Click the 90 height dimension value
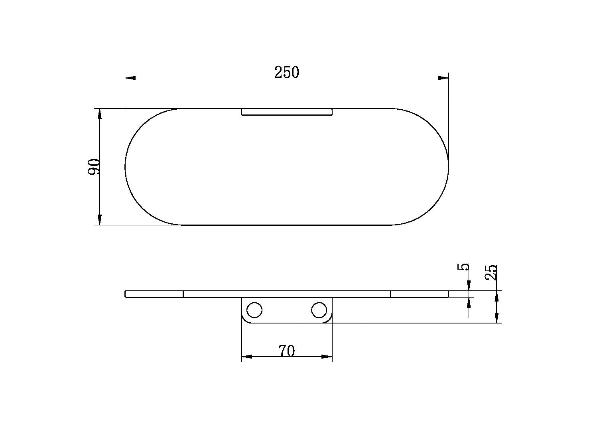coord(94,167)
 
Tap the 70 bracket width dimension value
coord(287,351)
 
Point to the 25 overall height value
coord(491,272)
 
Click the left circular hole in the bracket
coord(254,310)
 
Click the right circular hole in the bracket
coord(319,310)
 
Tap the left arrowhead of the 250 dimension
coord(130,78)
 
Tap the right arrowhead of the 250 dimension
coord(443,78)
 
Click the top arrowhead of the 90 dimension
coord(100,114)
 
